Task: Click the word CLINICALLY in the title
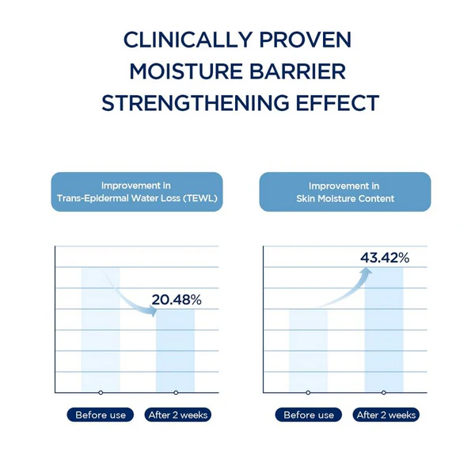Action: [x=188, y=40]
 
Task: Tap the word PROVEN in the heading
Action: [x=306, y=40]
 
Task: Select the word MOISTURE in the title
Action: [x=185, y=71]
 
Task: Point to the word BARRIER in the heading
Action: [x=298, y=71]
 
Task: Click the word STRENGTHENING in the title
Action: [x=196, y=103]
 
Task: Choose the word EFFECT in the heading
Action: [x=337, y=103]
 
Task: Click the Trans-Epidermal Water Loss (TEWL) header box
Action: [x=137, y=192]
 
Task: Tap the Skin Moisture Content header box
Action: [x=345, y=192]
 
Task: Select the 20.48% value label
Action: [x=177, y=300]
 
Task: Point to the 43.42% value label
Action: [x=385, y=258]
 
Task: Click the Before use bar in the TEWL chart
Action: [x=101, y=331]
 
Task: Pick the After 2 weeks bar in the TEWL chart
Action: [x=175, y=351]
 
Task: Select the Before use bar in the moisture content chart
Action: [x=308, y=351]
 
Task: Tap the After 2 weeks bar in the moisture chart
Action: [x=384, y=331]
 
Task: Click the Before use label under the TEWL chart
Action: [x=101, y=415]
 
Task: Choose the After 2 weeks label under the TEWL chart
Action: [x=178, y=415]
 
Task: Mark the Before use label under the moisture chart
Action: [x=309, y=415]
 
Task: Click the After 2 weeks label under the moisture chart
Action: [x=386, y=415]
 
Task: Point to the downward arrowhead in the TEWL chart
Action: [x=153, y=311]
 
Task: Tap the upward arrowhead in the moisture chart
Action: [x=366, y=272]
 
